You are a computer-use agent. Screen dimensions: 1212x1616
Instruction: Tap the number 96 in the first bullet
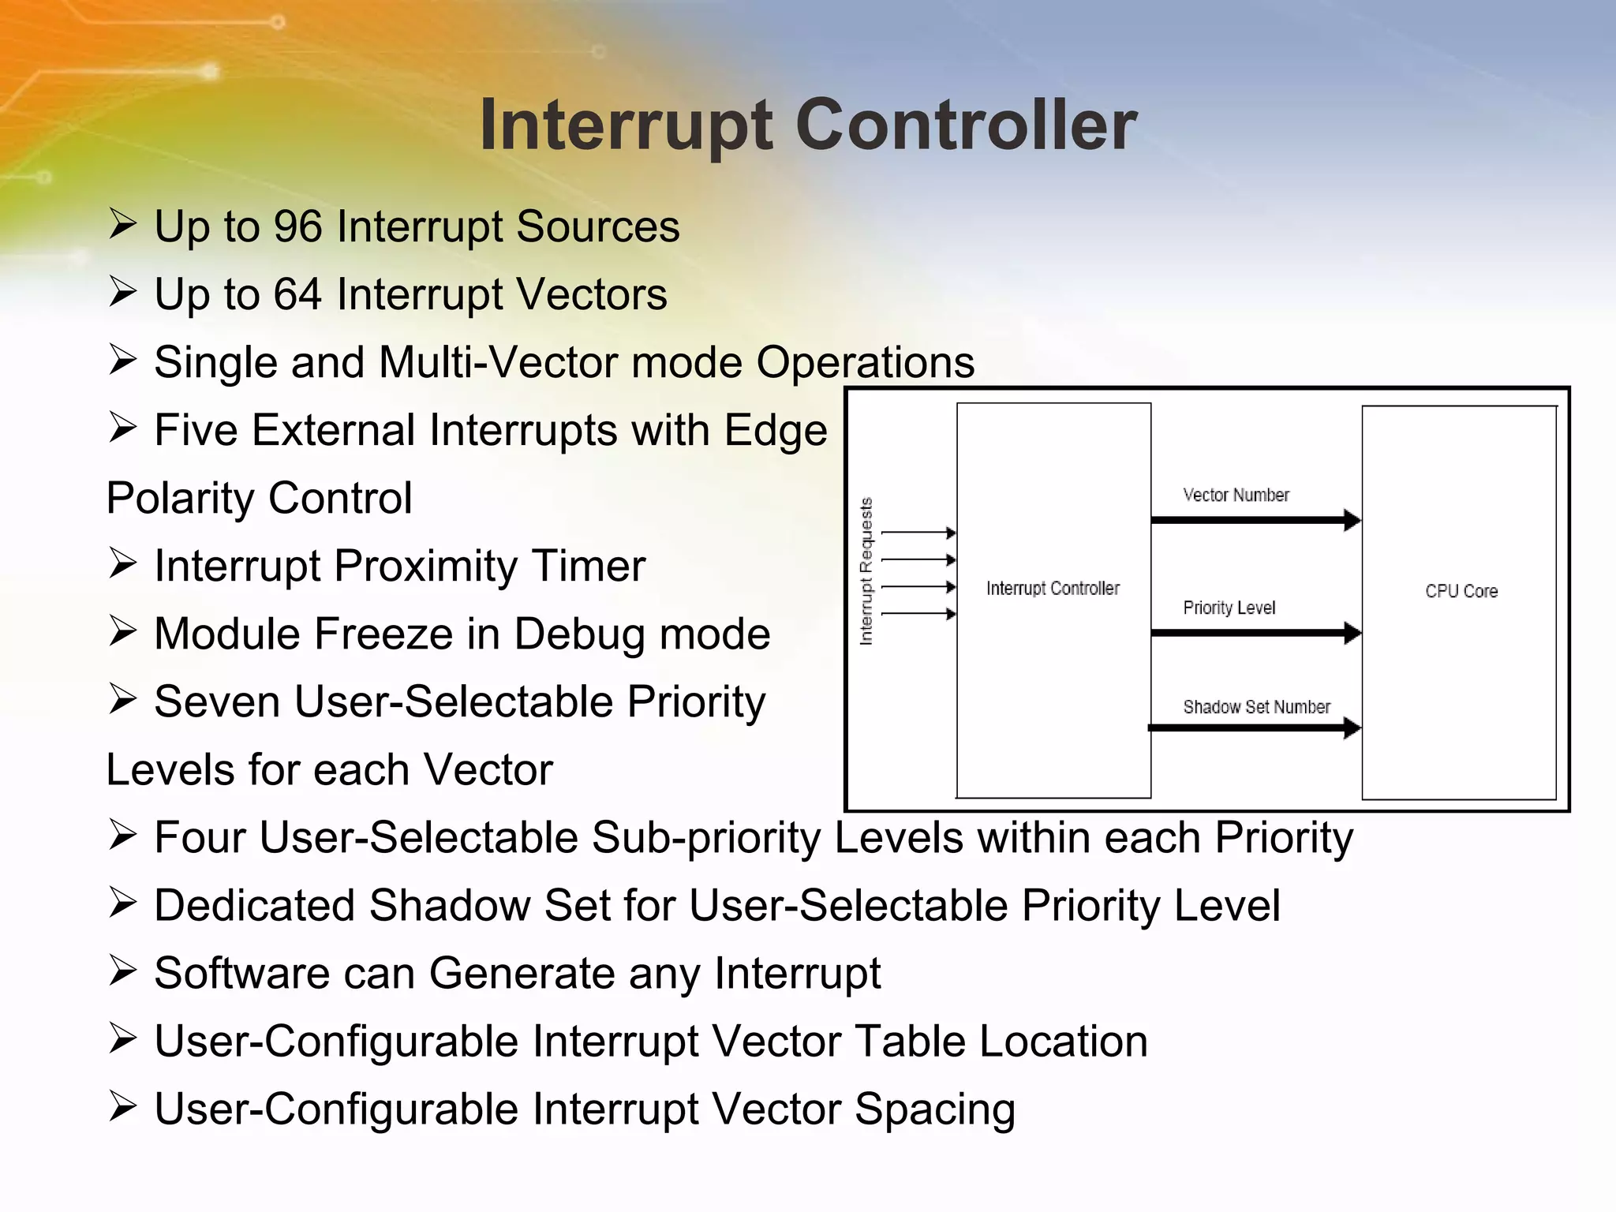(297, 226)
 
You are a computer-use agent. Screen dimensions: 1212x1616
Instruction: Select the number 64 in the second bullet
(297, 294)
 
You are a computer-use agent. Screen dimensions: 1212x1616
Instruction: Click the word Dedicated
(254, 905)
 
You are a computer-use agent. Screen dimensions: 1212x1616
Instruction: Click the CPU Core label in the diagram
(1461, 591)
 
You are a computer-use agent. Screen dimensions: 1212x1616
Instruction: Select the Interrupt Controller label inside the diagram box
(1053, 588)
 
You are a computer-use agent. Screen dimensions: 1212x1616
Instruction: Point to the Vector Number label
(1236, 495)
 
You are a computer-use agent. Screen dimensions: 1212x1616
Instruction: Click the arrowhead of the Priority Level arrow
(1352, 633)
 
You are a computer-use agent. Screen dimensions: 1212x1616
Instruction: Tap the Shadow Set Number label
(1256, 706)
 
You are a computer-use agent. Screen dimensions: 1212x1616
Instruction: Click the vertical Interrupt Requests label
(866, 571)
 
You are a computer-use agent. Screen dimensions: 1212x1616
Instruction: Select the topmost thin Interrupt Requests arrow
(918, 533)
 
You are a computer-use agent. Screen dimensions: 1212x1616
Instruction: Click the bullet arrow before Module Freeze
(123, 631)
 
